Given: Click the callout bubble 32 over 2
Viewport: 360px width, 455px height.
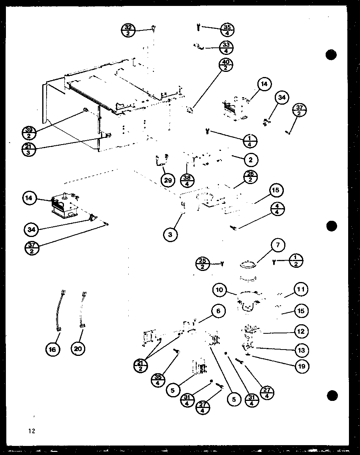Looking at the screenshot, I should (x=129, y=30).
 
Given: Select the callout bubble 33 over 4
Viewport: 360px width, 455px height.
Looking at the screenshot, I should (x=226, y=47).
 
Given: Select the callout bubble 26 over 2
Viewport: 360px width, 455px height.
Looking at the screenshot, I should (x=250, y=177).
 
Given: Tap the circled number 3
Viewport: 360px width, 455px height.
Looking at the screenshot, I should (x=170, y=235).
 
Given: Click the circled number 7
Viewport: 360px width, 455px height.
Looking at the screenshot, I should (x=278, y=245).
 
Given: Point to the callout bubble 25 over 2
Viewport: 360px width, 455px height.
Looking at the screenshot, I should (x=202, y=263).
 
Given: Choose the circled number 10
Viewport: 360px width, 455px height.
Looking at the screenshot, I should (x=219, y=290).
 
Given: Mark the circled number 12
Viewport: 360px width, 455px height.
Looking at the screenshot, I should (x=301, y=331).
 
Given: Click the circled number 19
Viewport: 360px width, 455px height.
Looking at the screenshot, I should (x=301, y=366).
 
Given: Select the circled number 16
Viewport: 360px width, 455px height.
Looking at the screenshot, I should (x=53, y=349).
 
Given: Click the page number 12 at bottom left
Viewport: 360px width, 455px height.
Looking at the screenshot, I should (x=32, y=431).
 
